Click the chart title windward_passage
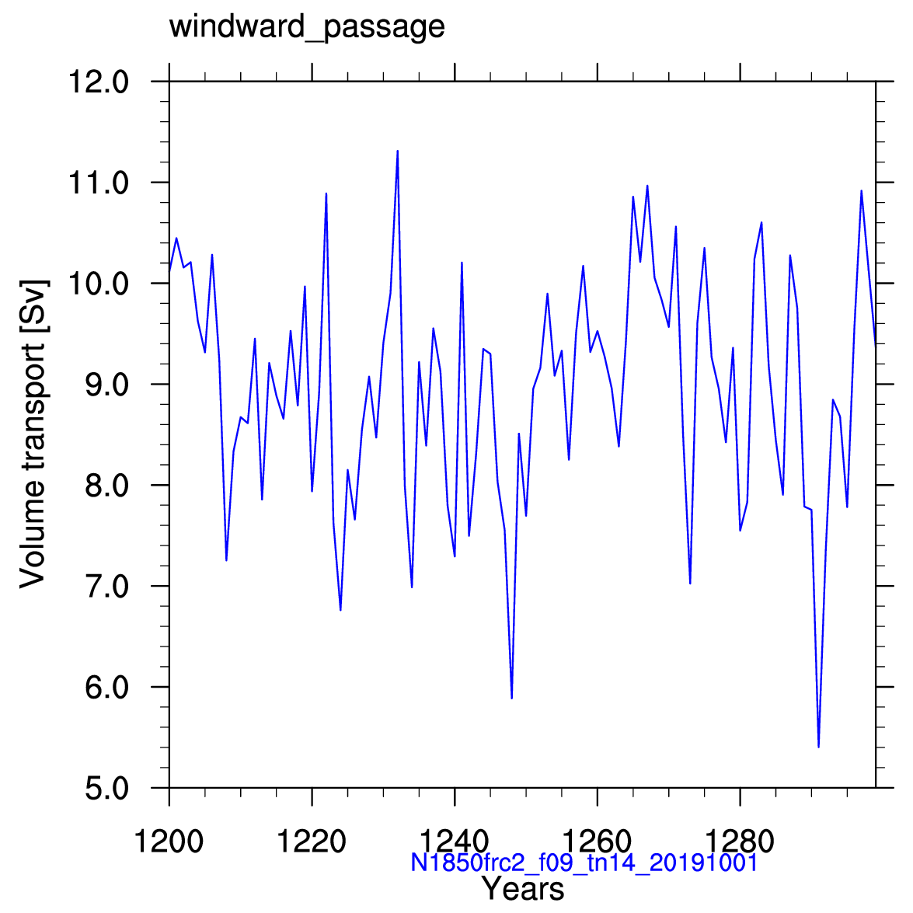pyautogui.click(x=307, y=27)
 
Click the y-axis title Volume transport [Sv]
pyautogui.click(x=33, y=434)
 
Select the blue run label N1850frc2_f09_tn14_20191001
pyautogui.click(x=584, y=862)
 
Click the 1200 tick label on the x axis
pyautogui.click(x=169, y=842)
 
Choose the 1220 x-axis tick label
pyautogui.click(x=312, y=842)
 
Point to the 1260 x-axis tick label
pyautogui.click(x=598, y=842)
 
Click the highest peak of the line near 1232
pyautogui.click(x=398, y=152)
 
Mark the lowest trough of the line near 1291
pyautogui.click(x=819, y=747)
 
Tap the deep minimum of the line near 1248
pyautogui.click(x=512, y=698)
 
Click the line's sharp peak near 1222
pyautogui.click(x=326, y=193)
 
